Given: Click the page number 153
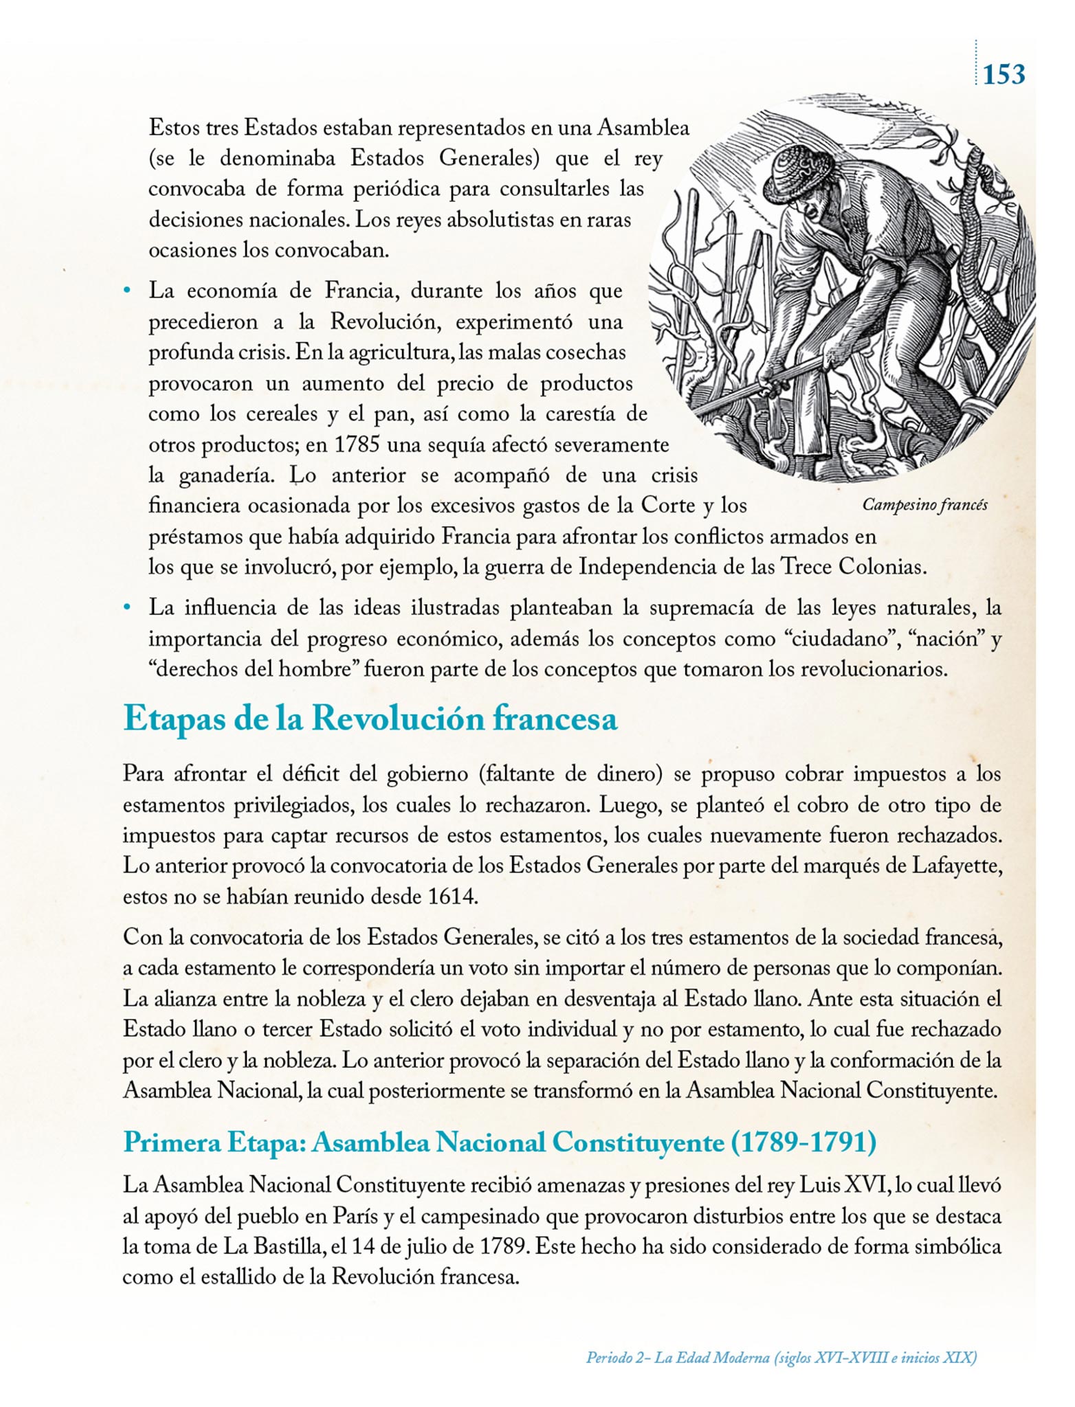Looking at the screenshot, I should point(1004,74).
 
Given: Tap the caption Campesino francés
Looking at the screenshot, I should point(924,505).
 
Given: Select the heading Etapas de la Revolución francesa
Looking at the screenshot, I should point(370,719).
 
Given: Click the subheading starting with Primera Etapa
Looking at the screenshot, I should point(500,1142).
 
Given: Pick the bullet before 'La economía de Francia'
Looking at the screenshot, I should point(126,291).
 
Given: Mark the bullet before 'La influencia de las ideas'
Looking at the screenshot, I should point(126,608).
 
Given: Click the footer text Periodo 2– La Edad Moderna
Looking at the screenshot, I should point(781,1358).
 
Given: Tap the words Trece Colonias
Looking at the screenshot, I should point(852,567).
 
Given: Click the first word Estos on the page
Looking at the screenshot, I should point(175,128).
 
